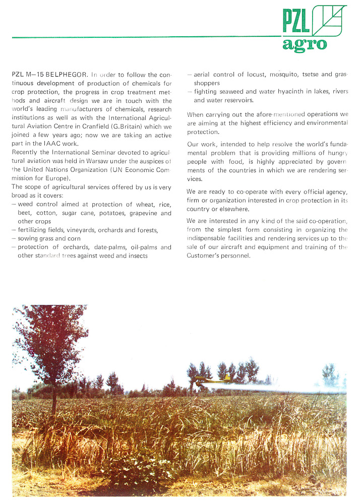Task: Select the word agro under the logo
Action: [305, 44]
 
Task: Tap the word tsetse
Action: [310, 75]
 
